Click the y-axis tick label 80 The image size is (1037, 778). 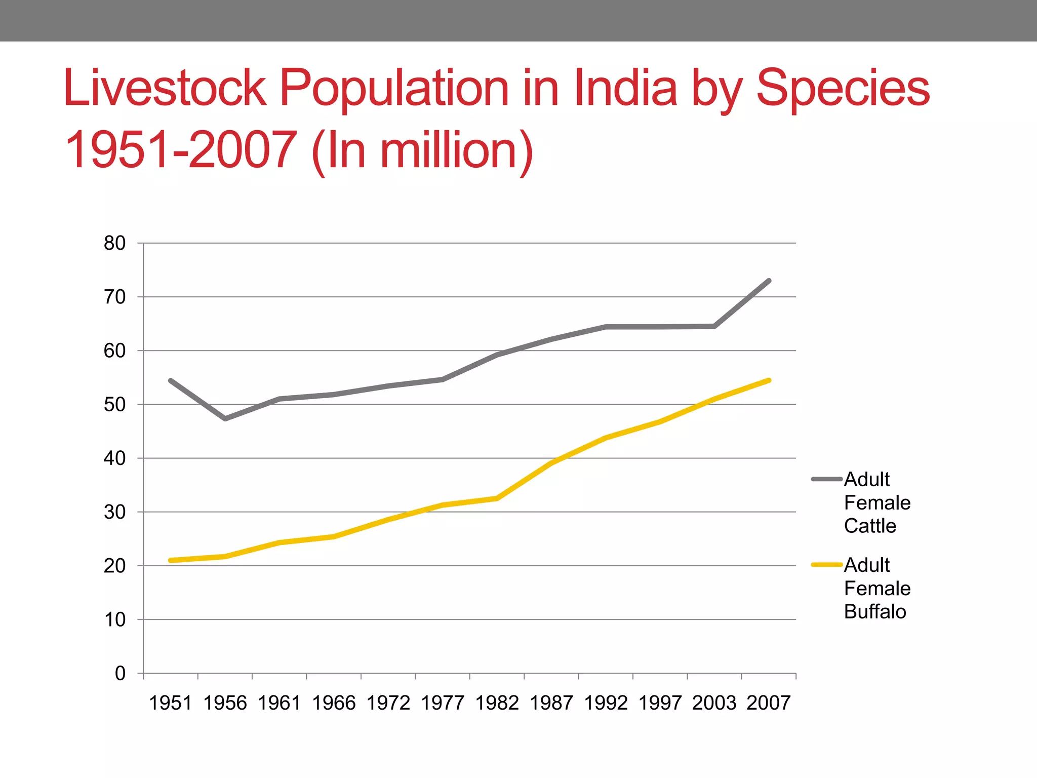tap(114, 244)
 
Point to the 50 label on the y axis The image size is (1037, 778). tap(114, 405)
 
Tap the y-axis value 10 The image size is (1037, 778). tap(114, 619)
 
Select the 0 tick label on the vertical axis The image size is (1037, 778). tap(120, 674)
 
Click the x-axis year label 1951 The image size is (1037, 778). tap(171, 703)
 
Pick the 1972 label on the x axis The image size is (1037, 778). tap(388, 703)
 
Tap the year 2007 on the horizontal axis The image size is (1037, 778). tap(769, 703)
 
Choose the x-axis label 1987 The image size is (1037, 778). tap(551, 703)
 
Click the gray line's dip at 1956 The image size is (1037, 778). tap(225, 419)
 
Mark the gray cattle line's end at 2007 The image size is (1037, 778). tap(769, 281)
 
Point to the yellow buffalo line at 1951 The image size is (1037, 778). tap(171, 560)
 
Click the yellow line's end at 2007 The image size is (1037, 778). tap(769, 380)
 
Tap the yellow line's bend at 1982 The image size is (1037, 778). tap(497, 498)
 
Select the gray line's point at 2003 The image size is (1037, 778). tap(714, 326)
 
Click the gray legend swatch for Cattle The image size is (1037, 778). tap(827, 479)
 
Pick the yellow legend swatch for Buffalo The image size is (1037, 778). tap(827, 565)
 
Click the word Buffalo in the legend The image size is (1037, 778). tap(875, 612)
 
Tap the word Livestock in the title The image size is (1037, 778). tap(165, 89)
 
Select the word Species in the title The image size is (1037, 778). tap(843, 89)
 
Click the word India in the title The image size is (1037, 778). tap(625, 89)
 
